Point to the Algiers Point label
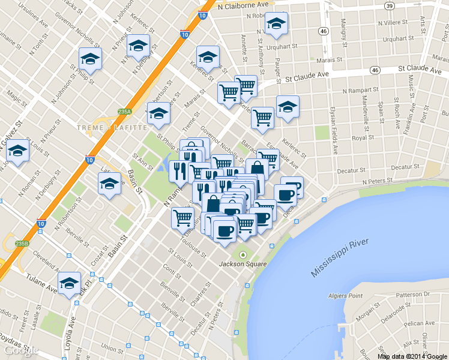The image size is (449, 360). (x=346, y=296)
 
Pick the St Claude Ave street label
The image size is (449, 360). (x=308, y=77)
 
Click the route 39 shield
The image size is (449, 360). (x=390, y=5)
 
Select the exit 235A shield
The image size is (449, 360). (x=124, y=112)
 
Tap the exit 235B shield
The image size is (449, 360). (x=22, y=243)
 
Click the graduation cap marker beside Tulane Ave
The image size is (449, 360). (x=69, y=283)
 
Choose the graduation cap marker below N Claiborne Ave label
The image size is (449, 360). (x=276, y=25)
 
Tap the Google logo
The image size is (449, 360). (x=19, y=351)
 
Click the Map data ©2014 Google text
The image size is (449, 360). (x=412, y=356)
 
